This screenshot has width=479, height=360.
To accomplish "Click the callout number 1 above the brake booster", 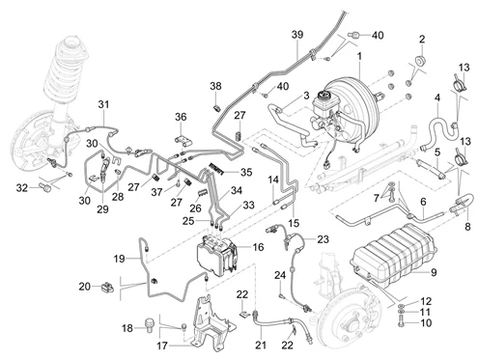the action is click(x=359, y=56).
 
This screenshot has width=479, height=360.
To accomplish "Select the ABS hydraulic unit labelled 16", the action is click(x=217, y=255).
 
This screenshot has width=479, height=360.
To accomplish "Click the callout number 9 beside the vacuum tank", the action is click(x=434, y=272).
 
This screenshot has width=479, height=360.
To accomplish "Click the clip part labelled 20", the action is click(x=107, y=286).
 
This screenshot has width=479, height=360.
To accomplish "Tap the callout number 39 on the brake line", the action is click(x=297, y=35).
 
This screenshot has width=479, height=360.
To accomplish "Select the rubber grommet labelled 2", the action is click(x=420, y=60).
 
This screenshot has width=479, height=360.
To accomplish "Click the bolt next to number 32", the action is click(x=45, y=186).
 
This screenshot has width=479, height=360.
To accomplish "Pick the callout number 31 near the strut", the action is click(x=103, y=104).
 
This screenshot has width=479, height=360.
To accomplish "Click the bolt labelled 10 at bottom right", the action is click(x=401, y=321).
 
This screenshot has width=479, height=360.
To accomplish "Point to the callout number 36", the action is click(x=181, y=117).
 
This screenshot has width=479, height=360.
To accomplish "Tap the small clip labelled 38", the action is click(x=216, y=108).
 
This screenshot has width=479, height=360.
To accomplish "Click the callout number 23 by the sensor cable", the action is click(x=323, y=239).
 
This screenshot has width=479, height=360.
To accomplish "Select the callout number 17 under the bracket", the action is click(x=162, y=346).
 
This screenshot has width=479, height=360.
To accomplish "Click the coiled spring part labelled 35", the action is click(x=217, y=168).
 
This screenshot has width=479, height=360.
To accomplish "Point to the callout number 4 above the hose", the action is click(x=437, y=97).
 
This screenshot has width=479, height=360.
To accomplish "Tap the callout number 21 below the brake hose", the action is click(x=261, y=345).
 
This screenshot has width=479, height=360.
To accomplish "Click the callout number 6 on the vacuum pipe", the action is click(x=423, y=202).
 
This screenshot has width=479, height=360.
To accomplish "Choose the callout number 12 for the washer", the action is click(x=426, y=301).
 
